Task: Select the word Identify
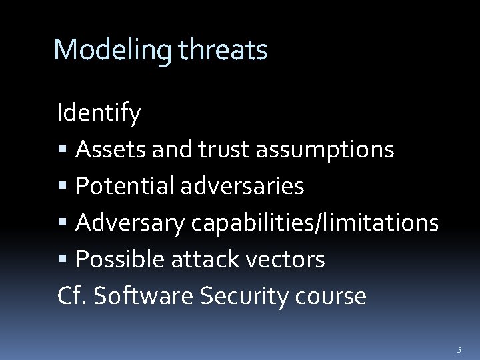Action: click(99, 113)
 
